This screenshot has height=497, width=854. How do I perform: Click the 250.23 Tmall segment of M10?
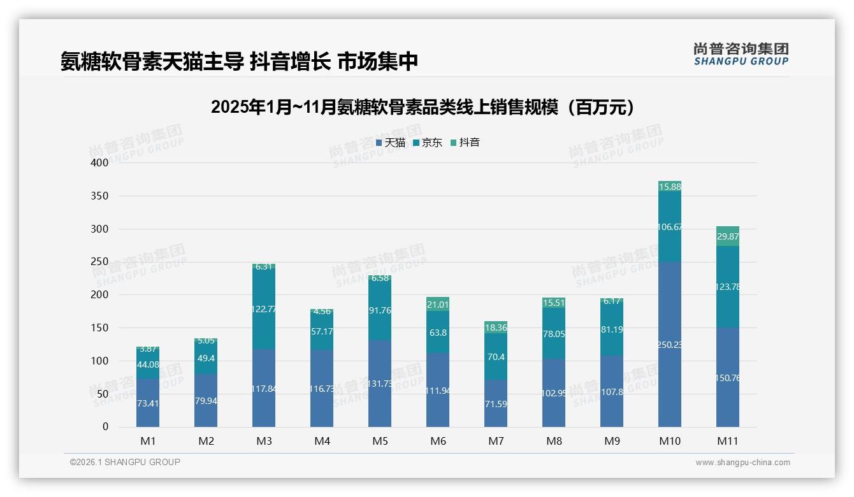tap(670, 345)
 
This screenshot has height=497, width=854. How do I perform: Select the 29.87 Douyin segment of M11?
tap(728, 236)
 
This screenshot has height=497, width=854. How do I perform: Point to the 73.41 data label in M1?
tap(148, 403)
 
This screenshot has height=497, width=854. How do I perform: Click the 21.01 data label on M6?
tap(438, 305)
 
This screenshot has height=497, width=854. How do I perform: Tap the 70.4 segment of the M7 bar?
tap(496, 357)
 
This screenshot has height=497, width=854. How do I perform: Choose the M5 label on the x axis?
tap(380, 441)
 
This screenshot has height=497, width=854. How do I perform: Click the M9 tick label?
tap(612, 441)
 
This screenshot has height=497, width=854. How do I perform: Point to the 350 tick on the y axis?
tap(100, 196)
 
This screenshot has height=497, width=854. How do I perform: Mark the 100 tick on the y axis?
tap(100, 361)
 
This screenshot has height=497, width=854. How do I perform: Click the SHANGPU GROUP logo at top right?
tap(741, 54)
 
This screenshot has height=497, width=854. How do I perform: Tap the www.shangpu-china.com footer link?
tap(742, 463)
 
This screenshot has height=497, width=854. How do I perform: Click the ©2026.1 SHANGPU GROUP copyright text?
tap(125, 462)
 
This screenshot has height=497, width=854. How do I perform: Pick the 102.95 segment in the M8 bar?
tap(554, 393)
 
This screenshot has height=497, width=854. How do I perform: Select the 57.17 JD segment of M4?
tap(322, 331)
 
